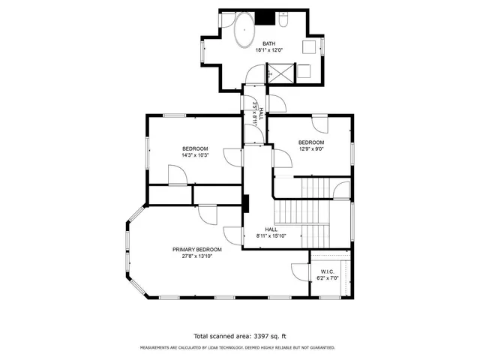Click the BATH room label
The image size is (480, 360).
(268, 43)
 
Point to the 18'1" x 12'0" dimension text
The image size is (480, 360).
(268, 51)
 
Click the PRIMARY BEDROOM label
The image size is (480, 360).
(197, 249)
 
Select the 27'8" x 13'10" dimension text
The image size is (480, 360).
(197, 256)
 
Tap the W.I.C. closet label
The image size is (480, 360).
(327, 271)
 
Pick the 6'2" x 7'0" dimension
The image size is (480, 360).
(327, 278)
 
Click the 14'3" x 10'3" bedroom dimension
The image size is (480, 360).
(194, 155)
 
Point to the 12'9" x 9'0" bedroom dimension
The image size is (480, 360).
(310, 149)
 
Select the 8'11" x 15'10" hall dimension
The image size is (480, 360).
(271, 236)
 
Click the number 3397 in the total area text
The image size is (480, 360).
(254, 336)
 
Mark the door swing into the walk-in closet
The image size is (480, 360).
(296, 271)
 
